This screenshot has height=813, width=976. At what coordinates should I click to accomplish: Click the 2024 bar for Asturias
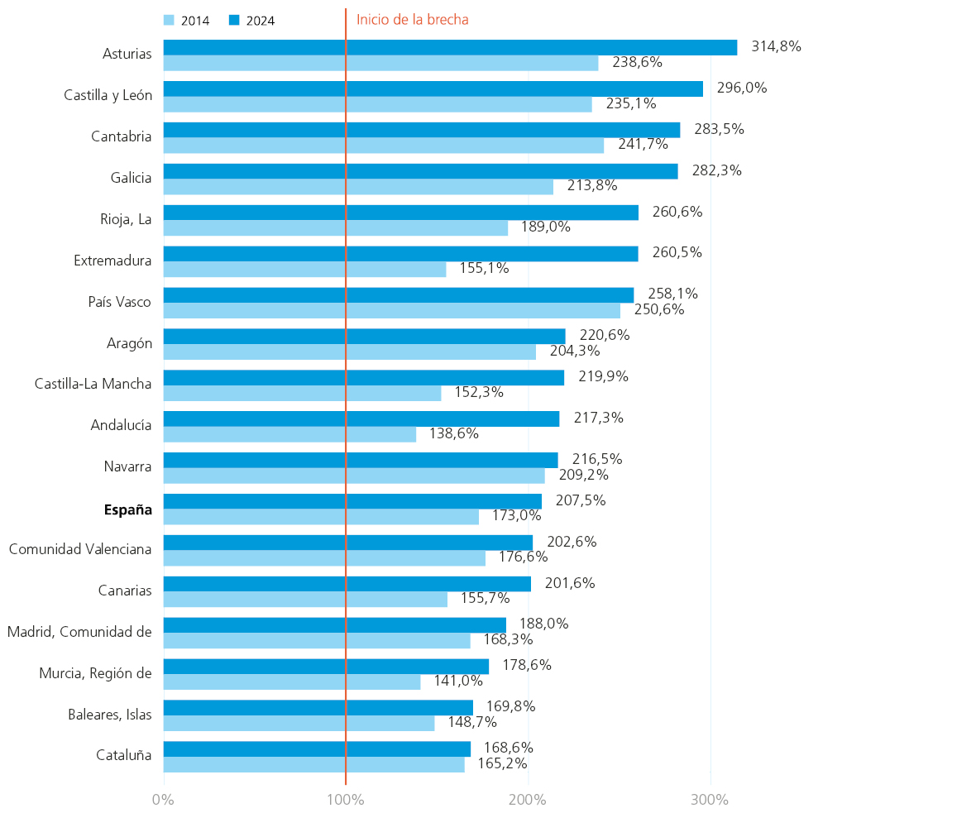450,47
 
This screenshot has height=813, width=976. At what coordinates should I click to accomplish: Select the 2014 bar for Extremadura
304,269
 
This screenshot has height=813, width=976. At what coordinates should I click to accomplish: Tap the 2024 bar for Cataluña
317,748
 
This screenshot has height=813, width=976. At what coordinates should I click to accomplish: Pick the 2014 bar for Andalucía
289,434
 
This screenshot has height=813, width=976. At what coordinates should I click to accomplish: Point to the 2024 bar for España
352,501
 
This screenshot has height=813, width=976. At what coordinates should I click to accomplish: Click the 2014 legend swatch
170,21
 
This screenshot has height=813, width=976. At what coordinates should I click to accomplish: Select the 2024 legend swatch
234,21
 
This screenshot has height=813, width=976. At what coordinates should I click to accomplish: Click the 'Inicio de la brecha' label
412,20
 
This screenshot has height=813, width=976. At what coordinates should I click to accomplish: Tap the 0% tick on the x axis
163,800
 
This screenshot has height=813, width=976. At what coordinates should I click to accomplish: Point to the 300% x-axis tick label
710,800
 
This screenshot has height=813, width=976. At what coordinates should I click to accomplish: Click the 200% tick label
528,800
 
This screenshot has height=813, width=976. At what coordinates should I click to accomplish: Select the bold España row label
128,509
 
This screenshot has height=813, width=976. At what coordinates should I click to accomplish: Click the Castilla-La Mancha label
93,384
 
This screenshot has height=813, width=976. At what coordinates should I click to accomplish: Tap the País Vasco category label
120,302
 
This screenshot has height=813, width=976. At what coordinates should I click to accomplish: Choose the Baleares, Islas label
110,715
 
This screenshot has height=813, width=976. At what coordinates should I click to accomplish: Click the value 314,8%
776,46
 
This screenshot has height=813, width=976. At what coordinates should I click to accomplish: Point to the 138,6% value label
453,433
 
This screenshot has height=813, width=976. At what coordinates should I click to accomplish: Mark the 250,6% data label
658,309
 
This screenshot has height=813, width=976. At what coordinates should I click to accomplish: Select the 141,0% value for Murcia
458,681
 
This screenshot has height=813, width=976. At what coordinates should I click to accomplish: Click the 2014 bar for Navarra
354,476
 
